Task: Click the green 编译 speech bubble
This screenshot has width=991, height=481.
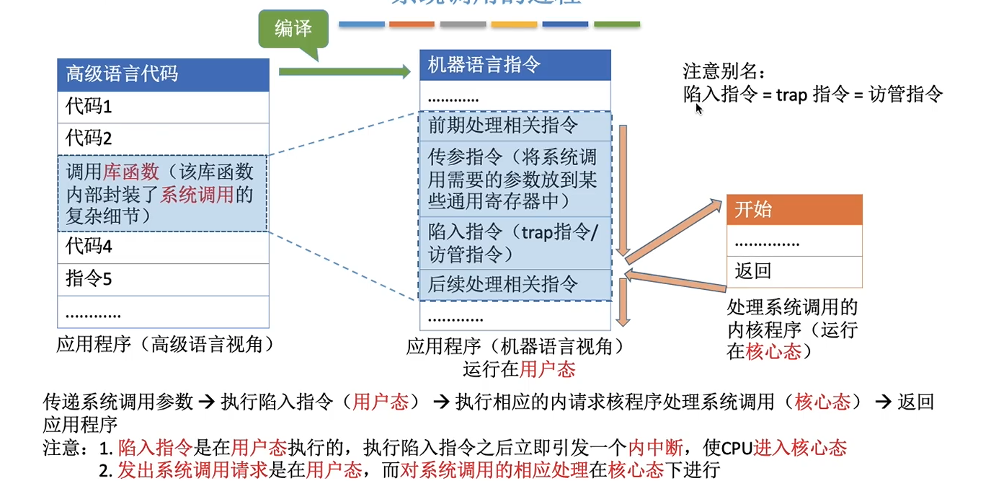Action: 293,30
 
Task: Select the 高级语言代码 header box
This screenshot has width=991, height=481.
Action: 163,74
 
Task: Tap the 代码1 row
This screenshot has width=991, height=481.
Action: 163,107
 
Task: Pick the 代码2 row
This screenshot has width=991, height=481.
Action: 163,138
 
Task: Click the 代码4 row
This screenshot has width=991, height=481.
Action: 163,247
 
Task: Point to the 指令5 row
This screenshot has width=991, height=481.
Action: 163,279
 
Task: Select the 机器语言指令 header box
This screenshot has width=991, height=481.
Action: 515,66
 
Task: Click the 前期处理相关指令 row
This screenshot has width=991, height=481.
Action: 515,125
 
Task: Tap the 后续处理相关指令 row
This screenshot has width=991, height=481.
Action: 515,284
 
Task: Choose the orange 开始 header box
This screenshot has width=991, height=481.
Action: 794,210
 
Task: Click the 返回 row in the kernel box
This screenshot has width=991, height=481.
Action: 794,272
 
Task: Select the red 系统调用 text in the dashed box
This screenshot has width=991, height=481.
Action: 197,195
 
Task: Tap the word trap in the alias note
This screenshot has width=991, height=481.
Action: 791,94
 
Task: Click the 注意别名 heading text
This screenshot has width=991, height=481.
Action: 724,71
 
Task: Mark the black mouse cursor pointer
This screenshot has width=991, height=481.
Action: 698,108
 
